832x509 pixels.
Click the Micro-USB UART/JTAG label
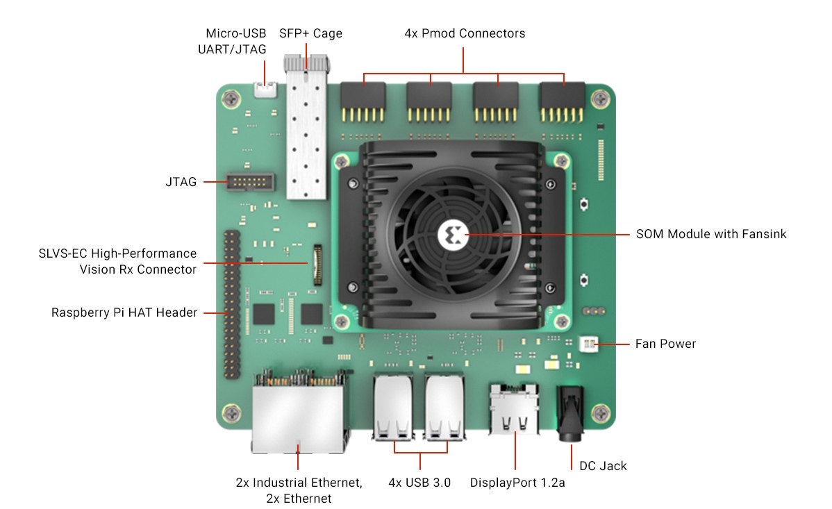coord(235,41)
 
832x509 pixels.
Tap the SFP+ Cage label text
coord(310,33)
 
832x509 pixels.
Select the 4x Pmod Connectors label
coord(465,33)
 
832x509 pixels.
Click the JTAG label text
coord(181,182)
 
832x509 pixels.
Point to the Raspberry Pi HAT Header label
coord(124,312)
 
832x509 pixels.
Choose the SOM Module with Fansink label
coord(711,234)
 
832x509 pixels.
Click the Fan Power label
coord(665,344)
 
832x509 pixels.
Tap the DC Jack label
coord(603,466)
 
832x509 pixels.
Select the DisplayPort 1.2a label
coord(517,483)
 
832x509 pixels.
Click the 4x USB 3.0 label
coord(419,483)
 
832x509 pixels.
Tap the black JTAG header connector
coord(251,183)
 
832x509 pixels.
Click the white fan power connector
coord(588,344)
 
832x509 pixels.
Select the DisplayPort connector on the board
coord(515,409)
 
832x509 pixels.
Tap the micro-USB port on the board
coord(264,90)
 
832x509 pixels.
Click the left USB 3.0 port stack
coord(392,408)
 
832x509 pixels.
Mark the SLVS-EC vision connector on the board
coord(318,264)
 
